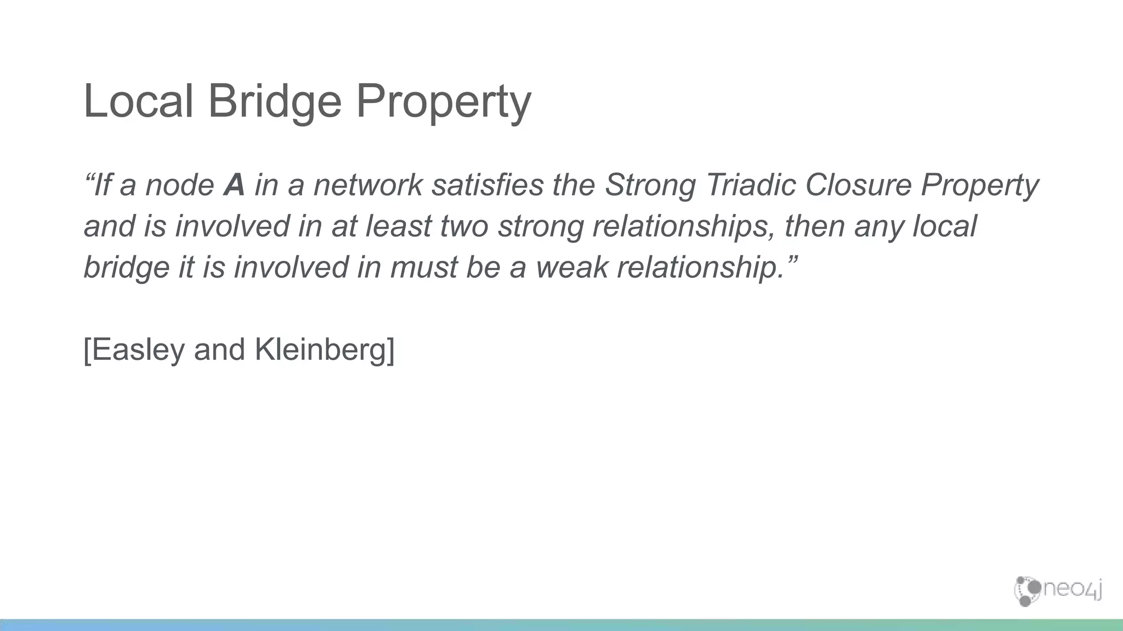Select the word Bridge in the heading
click(x=275, y=102)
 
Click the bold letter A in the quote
click(x=234, y=185)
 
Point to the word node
click(x=179, y=185)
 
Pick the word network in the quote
click(x=368, y=185)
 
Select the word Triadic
click(x=751, y=185)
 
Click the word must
click(x=424, y=267)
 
